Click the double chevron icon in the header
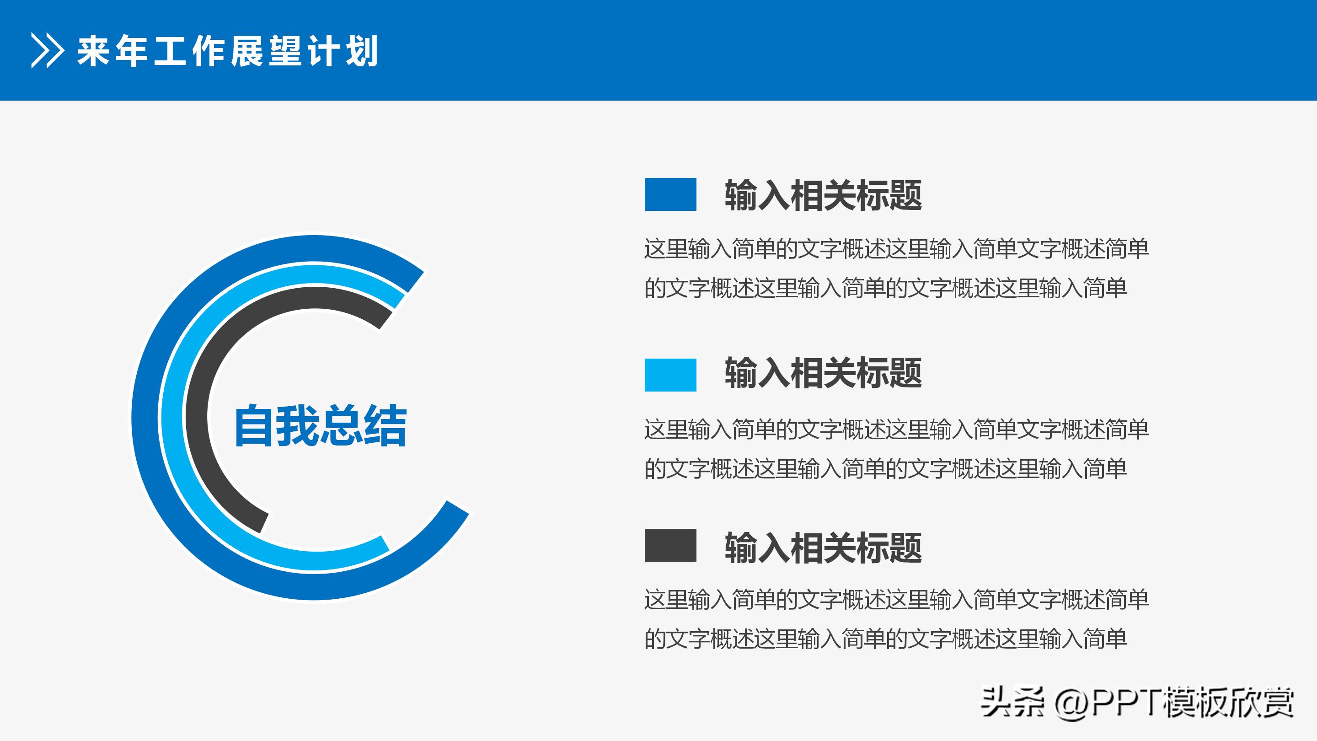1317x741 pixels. click(x=48, y=51)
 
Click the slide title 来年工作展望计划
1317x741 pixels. click(x=228, y=51)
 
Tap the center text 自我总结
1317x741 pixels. click(x=321, y=425)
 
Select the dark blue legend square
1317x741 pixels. click(x=670, y=194)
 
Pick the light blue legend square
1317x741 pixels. click(x=670, y=375)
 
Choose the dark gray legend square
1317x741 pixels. click(x=670, y=545)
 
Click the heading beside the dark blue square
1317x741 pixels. click(x=823, y=195)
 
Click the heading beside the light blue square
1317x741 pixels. click(x=823, y=373)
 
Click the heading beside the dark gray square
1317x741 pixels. click(x=823, y=548)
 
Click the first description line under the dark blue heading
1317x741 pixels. click(x=896, y=249)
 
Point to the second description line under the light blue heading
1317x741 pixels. click(x=885, y=469)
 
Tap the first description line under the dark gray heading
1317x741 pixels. click(x=896, y=599)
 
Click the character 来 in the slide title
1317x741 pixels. click(x=94, y=51)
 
